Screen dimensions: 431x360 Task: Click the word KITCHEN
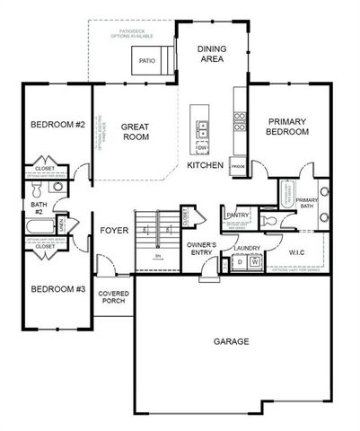tap(206, 166)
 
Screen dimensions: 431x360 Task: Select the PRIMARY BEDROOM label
tap(286, 126)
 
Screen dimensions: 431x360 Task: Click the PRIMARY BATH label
tap(306, 204)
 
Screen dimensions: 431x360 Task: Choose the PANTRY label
tap(237, 215)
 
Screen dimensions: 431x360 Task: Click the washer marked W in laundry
tap(254, 263)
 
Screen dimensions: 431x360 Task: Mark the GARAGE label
tap(232, 341)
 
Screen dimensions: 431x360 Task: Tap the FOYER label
tap(114, 231)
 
